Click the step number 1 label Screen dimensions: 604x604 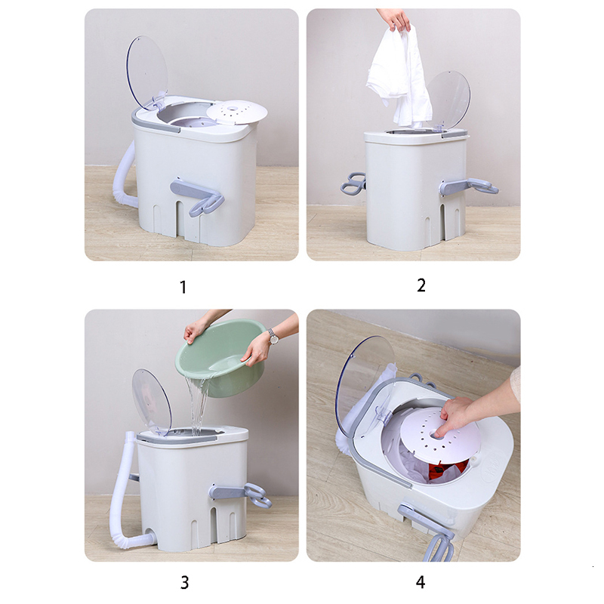pyautogui.click(x=183, y=287)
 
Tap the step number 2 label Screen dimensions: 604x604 pyautogui.click(x=421, y=285)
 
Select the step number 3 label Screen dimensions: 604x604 pyautogui.click(x=185, y=582)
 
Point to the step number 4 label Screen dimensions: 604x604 pyautogui.click(x=421, y=582)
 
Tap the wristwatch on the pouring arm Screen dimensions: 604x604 pyautogui.click(x=273, y=337)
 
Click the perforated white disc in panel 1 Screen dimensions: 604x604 pyautogui.click(x=236, y=112)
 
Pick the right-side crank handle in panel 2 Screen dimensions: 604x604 pyautogui.click(x=468, y=186)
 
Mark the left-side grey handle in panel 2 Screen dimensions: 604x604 pyautogui.click(x=353, y=183)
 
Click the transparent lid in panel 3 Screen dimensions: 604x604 pyautogui.click(x=152, y=400)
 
